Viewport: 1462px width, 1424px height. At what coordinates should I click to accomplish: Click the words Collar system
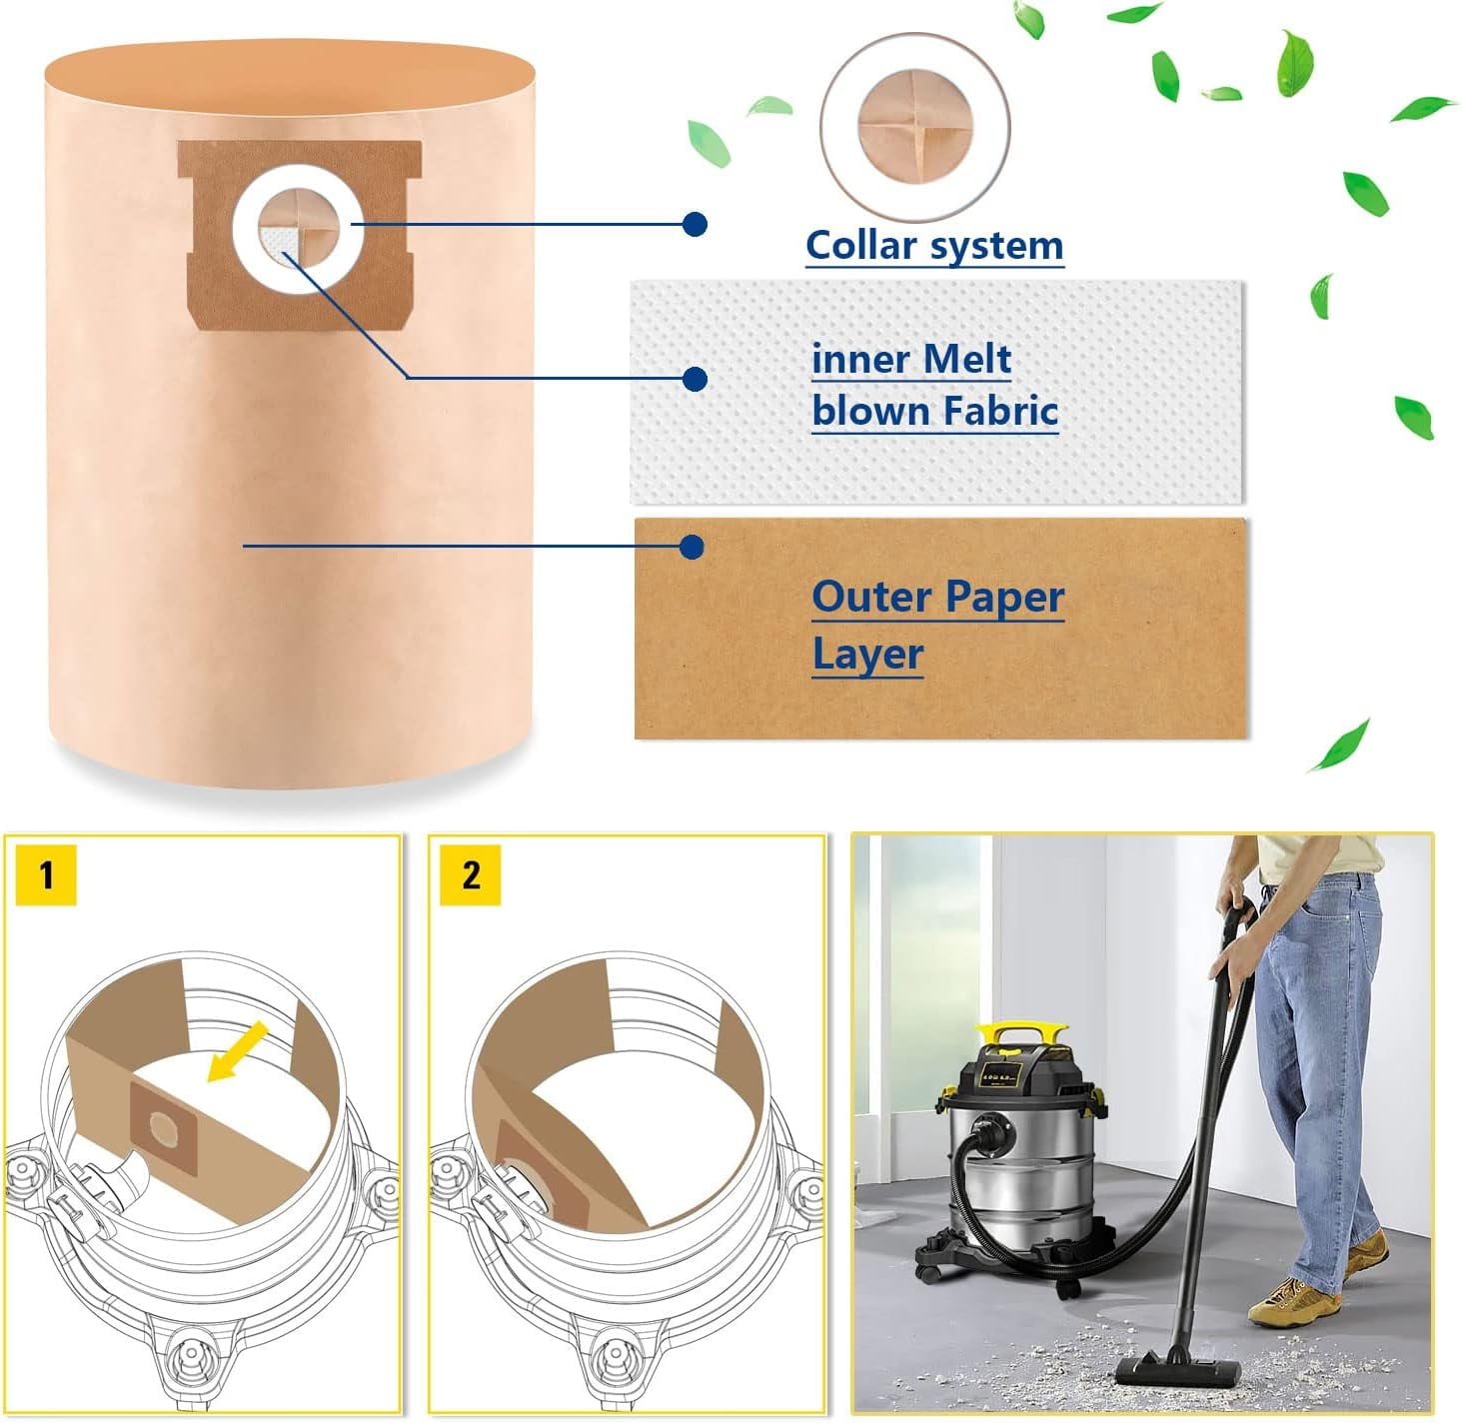[933, 245]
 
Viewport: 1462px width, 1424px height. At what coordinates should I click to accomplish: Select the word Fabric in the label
[1000, 411]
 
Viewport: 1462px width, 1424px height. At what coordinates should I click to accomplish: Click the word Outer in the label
[871, 597]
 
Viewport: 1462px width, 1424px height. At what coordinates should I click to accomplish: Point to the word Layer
[867, 655]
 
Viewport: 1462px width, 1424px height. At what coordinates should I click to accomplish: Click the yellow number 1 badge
[46, 874]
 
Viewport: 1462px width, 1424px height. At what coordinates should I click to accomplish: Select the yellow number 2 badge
[471, 874]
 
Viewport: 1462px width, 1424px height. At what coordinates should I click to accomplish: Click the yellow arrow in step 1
[237, 1050]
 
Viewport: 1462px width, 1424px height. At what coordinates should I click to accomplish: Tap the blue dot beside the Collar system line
[695, 224]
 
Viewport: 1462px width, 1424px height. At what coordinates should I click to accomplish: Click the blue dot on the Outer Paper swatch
[692, 547]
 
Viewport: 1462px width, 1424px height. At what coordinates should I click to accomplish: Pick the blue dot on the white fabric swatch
[695, 379]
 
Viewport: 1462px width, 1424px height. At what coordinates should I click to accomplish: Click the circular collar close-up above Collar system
[914, 127]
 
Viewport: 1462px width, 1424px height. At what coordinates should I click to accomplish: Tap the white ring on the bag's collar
[298, 174]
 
